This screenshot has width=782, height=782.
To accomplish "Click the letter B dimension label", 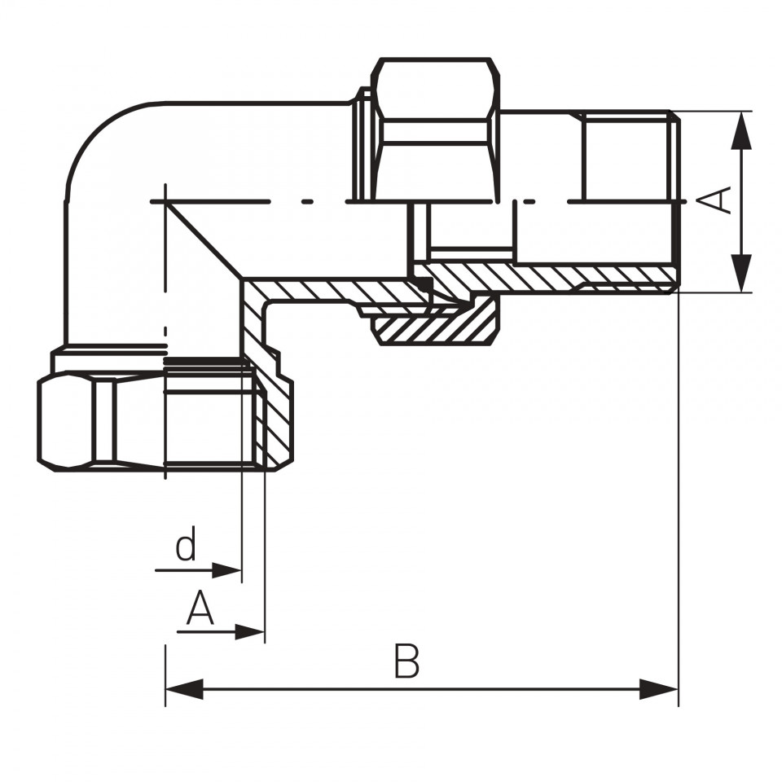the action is [x=406, y=661].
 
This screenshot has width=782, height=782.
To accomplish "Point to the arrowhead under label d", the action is [x=227, y=570].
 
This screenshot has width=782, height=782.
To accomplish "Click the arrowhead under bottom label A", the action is [x=249, y=632].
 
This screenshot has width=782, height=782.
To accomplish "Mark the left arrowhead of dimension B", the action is [x=184, y=689].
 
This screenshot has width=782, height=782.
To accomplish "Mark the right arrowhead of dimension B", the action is [x=659, y=689].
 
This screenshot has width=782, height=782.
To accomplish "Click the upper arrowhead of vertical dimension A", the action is [x=741, y=130].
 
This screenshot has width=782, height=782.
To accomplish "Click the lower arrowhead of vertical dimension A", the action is [x=741, y=273].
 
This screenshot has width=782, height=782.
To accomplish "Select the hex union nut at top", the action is [x=436, y=130].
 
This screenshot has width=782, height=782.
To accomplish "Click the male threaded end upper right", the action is [x=628, y=156].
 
